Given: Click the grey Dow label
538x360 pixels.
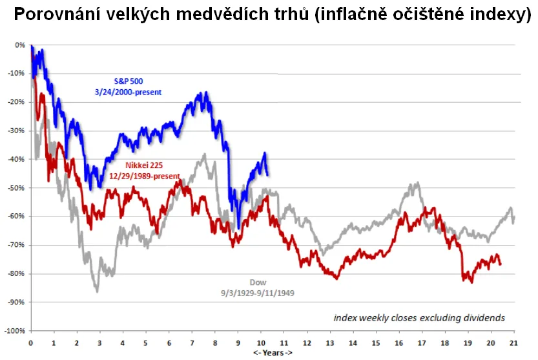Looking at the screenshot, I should [257, 282].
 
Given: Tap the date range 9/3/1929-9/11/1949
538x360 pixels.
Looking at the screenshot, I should [257, 292].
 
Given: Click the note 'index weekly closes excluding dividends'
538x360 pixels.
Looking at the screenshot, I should [419, 318].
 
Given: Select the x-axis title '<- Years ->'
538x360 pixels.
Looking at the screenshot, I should [271, 353].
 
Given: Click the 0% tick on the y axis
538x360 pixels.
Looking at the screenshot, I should [19, 45].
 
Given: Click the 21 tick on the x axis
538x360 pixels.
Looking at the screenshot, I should [513, 341].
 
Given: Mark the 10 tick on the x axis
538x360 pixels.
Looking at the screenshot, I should [261, 341].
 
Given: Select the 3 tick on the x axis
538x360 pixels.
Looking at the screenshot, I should [99, 341].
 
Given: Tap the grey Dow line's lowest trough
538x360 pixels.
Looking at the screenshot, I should [98, 291].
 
